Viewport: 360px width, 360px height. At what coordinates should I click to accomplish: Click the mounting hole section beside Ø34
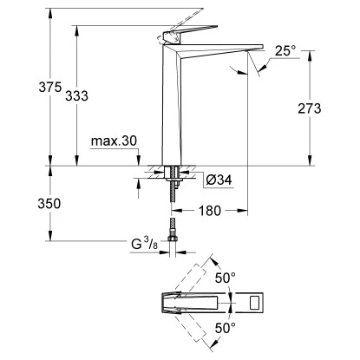tap(172, 173)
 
